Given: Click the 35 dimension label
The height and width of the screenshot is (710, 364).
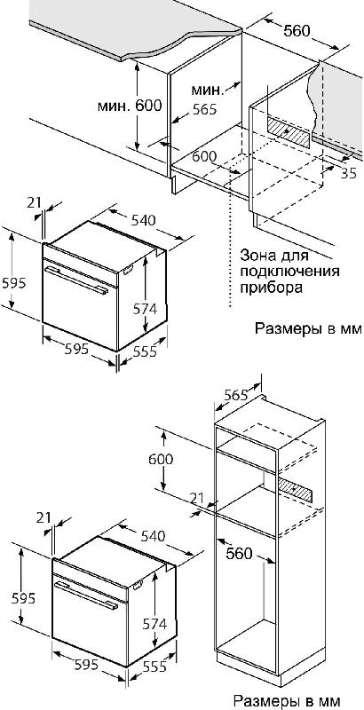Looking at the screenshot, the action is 349,173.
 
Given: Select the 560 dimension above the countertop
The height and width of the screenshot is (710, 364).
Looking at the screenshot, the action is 297,30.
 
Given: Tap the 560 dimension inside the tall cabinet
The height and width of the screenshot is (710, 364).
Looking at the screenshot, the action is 239,553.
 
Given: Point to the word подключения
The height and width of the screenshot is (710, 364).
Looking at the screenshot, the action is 290,272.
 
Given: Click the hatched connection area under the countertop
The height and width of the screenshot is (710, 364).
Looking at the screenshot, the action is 289,131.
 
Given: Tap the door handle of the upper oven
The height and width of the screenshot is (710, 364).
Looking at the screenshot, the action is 75,280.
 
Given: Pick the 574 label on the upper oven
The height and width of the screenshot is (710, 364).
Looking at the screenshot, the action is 145,308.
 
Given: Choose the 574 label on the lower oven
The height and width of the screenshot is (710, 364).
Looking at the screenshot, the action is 154,624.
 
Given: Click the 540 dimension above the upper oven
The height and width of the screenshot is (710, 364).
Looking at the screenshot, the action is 144,220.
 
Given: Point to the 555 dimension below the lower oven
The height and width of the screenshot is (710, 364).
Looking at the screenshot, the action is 154,666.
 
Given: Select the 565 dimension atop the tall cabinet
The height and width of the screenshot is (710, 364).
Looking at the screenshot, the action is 236,395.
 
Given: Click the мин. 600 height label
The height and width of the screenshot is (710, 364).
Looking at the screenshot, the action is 130,106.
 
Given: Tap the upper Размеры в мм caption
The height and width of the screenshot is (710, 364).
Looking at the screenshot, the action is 309,327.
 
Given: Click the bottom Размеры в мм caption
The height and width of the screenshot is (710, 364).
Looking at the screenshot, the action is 287,700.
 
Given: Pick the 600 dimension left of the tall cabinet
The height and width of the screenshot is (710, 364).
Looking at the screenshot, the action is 161,459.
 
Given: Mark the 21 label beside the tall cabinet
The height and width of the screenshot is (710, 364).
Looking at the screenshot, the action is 197,499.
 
